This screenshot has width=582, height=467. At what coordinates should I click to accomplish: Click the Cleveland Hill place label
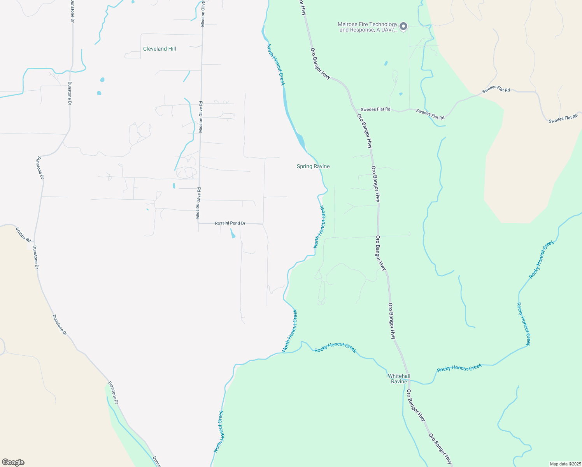point(160,49)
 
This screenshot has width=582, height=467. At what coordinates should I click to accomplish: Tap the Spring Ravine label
point(313,167)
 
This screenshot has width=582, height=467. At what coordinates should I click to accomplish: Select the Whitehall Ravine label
point(399,379)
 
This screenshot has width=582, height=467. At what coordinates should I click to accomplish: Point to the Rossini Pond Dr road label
point(230,223)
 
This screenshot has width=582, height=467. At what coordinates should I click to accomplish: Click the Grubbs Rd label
point(23,235)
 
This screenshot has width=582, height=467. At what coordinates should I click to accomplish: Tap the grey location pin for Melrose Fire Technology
point(403,26)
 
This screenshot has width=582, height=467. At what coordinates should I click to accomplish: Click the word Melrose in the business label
point(346,25)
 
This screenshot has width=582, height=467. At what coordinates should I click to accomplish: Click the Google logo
point(13,462)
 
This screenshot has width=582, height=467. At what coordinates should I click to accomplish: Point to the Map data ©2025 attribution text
point(565,464)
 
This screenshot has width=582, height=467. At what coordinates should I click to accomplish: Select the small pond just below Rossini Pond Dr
point(233,233)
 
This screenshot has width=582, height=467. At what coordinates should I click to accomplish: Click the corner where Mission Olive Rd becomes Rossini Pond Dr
point(198,223)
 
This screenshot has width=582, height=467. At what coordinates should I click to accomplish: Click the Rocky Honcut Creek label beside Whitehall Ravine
point(459,367)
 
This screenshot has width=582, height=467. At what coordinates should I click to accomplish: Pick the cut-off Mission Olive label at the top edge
point(203,14)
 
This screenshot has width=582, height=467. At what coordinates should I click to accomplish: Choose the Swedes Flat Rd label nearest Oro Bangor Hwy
point(375,109)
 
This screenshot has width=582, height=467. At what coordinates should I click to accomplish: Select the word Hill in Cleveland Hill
point(171,49)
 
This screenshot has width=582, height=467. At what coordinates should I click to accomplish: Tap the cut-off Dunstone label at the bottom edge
point(156,462)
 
